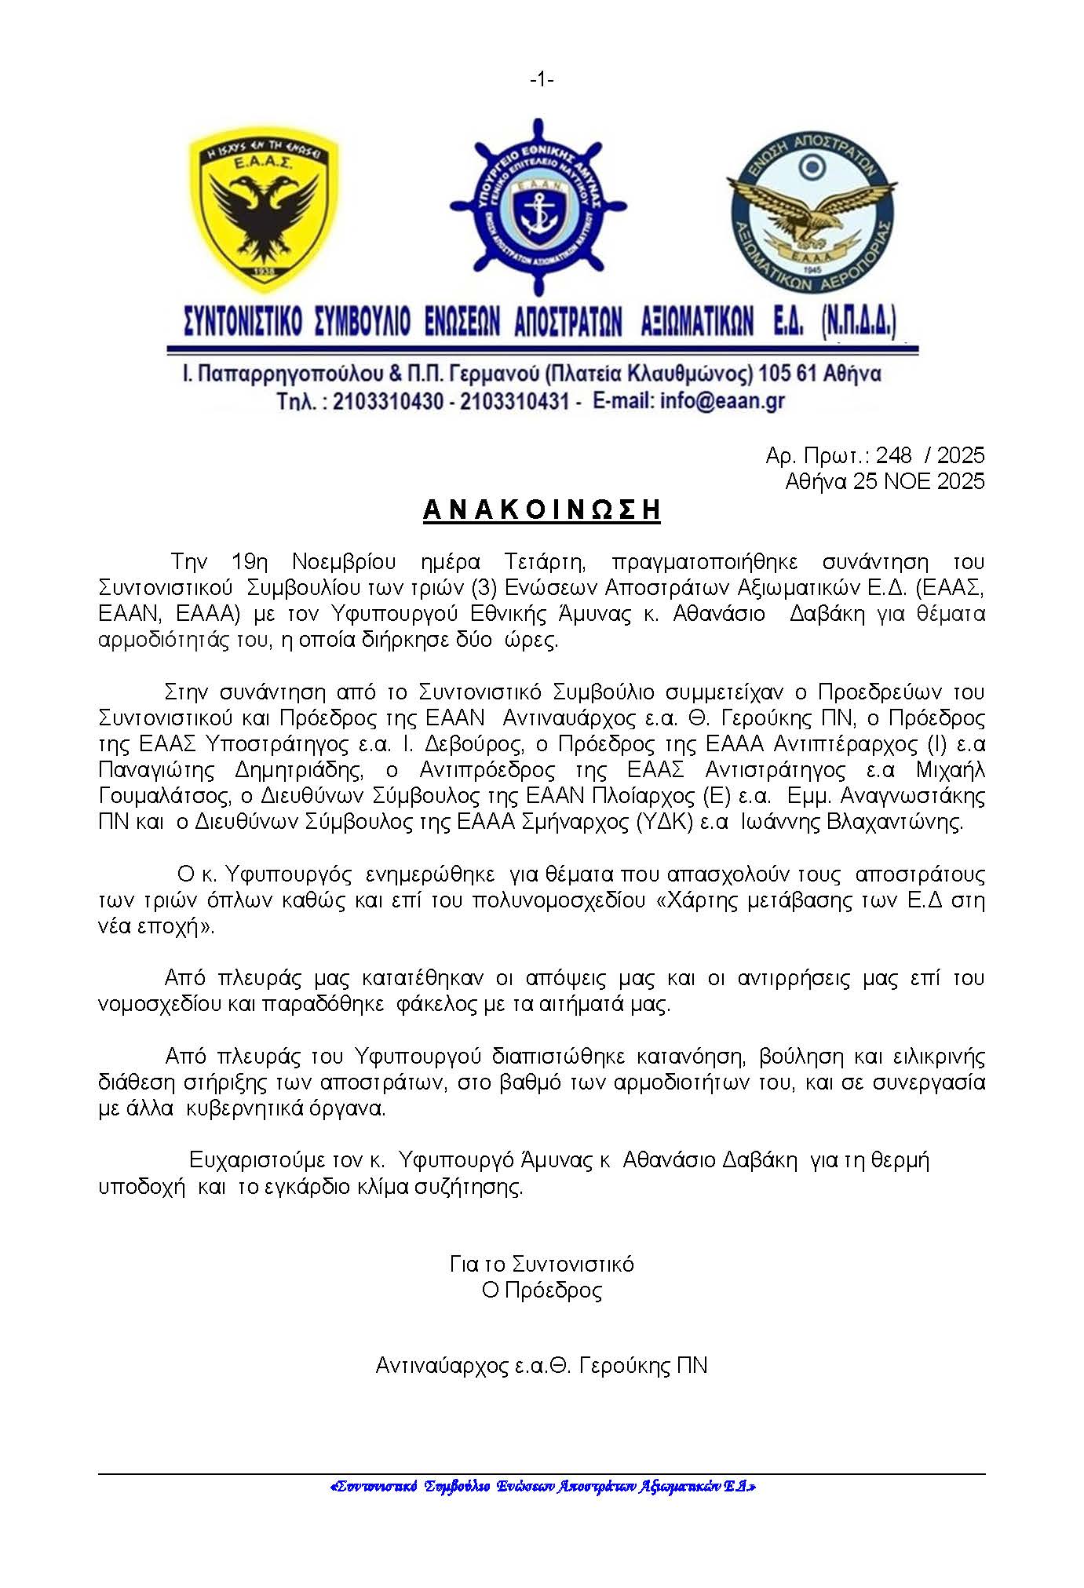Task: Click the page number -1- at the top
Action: coord(542,79)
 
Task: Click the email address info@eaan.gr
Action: coord(722,401)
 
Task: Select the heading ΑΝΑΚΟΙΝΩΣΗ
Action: coord(542,510)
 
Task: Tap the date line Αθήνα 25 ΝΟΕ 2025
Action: coord(885,481)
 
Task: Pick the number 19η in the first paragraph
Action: coord(250,562)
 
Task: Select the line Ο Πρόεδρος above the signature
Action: coord(542,1290)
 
